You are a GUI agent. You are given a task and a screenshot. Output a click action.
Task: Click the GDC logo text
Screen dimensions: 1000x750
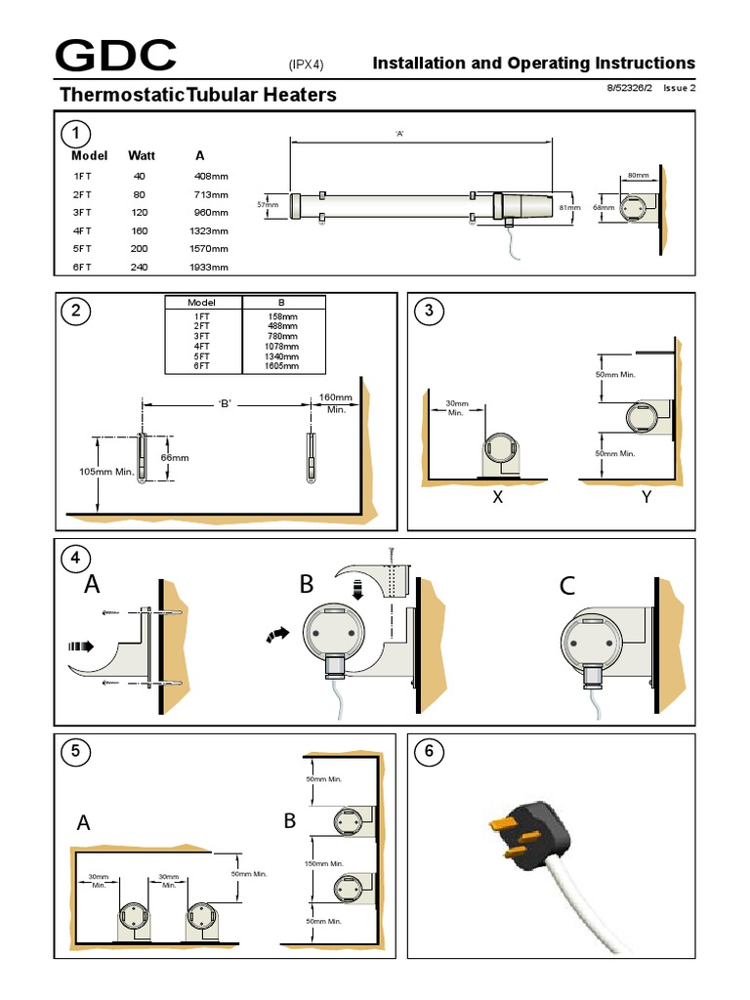(x=116, y=58)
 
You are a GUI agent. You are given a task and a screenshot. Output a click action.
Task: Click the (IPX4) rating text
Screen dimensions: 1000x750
(x=305, y=64)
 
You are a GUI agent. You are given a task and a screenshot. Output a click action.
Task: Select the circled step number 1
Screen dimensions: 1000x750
(x=74, y=134)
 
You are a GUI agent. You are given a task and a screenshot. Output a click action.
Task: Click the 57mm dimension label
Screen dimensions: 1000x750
(x=268, y=205)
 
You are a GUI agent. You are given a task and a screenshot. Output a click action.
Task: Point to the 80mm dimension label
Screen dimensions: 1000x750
(x=638, y=176)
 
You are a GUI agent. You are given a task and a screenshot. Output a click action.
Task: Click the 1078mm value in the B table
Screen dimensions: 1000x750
(x=283, y=347)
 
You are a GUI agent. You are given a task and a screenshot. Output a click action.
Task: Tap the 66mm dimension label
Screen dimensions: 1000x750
(x=174, y=457)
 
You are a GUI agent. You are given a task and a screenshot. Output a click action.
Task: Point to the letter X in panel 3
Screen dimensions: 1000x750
(x=497, y=497)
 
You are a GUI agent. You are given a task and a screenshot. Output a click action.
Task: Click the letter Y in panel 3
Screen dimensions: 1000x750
(x=646, y=497)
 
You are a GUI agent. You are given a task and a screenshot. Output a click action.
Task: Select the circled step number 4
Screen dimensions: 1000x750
(x=74, y=561)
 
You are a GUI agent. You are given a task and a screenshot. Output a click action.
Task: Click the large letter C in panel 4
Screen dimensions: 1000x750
(x=567, y=586)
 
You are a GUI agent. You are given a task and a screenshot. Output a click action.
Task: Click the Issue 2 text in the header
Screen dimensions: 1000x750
(x=679, y=88)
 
